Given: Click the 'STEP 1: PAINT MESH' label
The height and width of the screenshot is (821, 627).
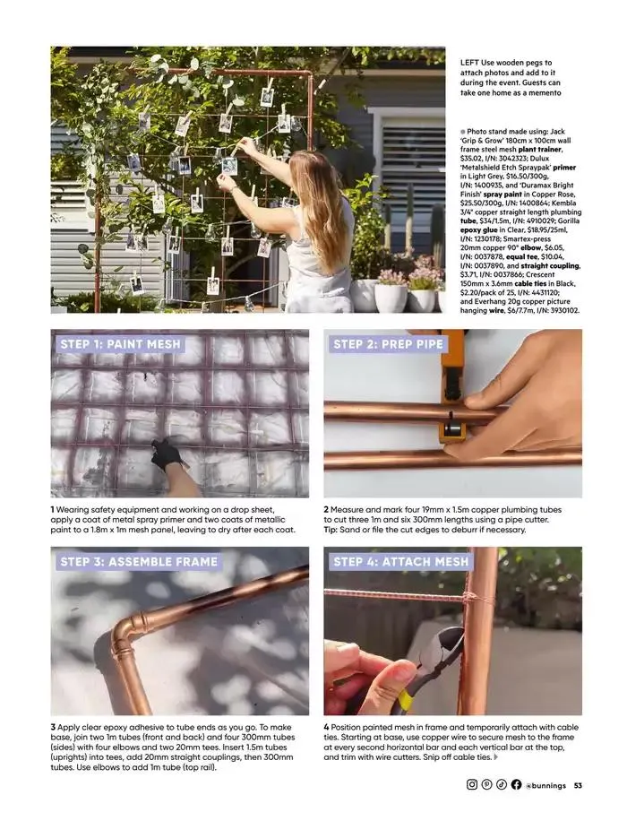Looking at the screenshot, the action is [120, 344].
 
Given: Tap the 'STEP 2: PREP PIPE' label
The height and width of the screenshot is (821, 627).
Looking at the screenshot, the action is [389, 344].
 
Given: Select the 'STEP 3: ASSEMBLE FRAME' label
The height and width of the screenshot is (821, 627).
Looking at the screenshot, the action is [139, 562].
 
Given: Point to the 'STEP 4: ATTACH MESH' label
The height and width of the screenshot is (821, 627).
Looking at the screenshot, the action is [401, 562].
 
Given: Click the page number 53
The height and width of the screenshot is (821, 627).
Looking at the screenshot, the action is [578, 785].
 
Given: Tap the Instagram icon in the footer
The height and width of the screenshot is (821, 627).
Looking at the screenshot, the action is [471, 784].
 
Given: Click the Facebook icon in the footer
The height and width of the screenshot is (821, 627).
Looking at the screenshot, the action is [516, 784].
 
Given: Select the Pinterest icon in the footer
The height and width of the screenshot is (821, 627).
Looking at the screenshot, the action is [486, 784].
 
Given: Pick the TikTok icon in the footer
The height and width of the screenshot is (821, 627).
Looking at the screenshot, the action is [502, 784].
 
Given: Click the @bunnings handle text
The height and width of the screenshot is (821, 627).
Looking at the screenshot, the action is [545, 785].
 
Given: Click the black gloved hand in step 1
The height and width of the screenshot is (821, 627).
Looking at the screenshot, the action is [167, 453].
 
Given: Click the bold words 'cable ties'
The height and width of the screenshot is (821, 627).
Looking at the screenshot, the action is [530, 283].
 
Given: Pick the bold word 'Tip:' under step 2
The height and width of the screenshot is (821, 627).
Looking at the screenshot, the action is [331, 530].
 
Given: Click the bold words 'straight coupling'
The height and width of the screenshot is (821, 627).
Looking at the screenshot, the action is [550, 265].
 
